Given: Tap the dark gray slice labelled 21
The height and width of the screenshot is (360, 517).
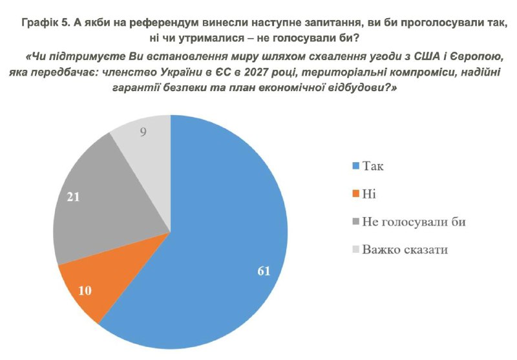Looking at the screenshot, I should point(103,194).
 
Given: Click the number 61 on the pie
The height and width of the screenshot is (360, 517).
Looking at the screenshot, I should point(263,270).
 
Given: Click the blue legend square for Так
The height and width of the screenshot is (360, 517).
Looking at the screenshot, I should point(353,167).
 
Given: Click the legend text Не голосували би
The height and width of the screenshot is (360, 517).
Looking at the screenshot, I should point(413,222).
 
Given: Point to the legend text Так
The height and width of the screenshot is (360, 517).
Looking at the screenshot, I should point(374,167).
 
